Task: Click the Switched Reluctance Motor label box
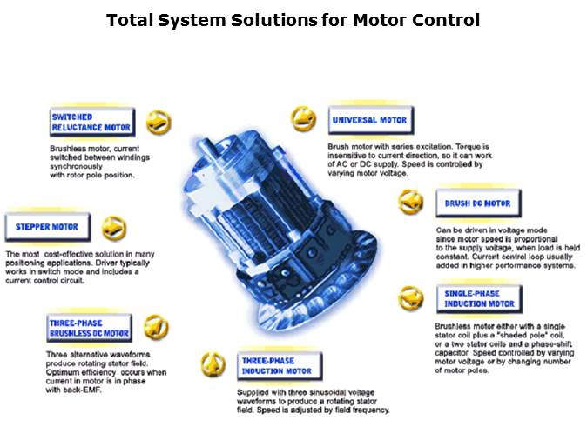pos(92,123)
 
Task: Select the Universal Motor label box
pos(371,120)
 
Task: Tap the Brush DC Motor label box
pos(478,203)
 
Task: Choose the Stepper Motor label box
pos(48,227)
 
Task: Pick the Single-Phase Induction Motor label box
pos(479,299)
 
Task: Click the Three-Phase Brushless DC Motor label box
pos(89,328)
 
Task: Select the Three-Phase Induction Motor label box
pos(280,366)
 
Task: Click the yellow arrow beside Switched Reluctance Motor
pos(159,123)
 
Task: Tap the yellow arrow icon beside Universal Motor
pos(304,119)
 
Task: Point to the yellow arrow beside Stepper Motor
pos(114,229)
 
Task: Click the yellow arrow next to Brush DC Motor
pos(411,203)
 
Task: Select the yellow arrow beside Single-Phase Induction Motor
pos(411,298)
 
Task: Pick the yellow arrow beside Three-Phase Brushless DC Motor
pos(156,327)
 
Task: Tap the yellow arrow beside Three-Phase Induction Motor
pos(213,365)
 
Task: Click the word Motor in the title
pos(379,20)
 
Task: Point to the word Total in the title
pos(130,20)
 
